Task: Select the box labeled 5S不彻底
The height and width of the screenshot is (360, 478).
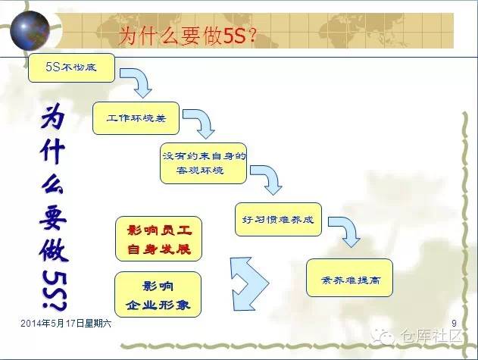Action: pyautogui.click(x=72, y=68)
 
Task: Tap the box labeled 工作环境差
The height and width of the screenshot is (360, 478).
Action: pyautogui.click(x=133, y=117)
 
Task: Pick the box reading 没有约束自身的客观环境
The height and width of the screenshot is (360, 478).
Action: pyautogui.click(x=205, y=162)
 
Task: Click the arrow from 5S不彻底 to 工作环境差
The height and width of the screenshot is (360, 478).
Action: pyautogui.click(x=138, y=82)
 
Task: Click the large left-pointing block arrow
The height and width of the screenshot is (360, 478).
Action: pyautogui.click(x=249, y=280)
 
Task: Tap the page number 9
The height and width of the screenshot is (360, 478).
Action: pyautogui.click(x=452, y=324)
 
